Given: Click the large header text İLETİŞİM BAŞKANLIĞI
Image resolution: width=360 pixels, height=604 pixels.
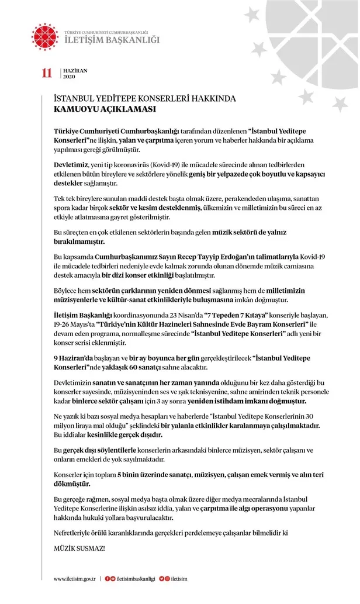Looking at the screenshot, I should [111, 40].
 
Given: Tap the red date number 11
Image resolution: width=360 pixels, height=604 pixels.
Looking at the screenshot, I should [46, 73].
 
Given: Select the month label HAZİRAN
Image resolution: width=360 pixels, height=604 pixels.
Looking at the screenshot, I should [75, 70].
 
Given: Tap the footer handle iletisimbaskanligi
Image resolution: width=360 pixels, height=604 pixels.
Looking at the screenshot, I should [136, 578].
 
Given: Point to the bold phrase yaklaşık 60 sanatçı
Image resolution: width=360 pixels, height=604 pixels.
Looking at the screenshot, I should [130, 368].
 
